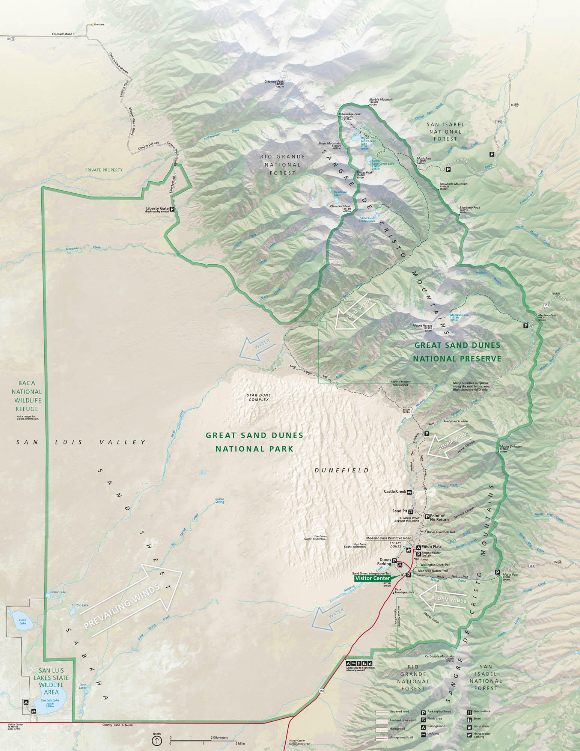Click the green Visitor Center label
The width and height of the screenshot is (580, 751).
tap(372, 578)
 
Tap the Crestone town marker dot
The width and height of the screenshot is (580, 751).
tap(92, 25)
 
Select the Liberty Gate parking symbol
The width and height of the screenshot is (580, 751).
tap(172, 209)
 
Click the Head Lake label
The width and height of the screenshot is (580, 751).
tap(23, 621)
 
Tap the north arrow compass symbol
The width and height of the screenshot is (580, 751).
tap(157, 740)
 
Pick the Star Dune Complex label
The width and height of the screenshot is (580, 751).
tap(259, 397)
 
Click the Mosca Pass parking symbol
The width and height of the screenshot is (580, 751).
tap(497, 572)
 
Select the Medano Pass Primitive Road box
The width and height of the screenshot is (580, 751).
tap(389, 538)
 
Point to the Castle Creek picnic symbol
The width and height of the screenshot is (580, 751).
tap(409, 492)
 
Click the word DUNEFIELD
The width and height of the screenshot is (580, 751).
tap(342, 470)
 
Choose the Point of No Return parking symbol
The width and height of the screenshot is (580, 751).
tap(427, 517)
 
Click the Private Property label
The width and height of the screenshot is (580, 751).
tap(104, 170)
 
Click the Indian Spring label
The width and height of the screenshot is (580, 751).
tap(220, 501)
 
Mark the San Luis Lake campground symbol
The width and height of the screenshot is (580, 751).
tap(26, 702)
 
